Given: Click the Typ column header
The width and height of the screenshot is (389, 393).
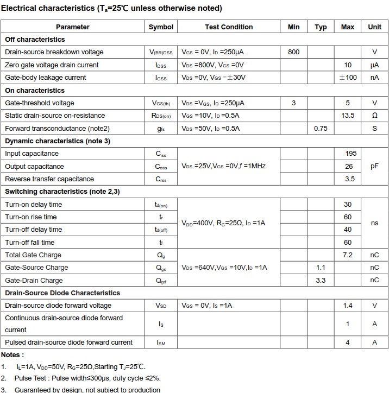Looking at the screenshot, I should (321, 27).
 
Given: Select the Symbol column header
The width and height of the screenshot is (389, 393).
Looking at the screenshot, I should (161, 27).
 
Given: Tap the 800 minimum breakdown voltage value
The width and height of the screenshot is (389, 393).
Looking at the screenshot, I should (293, 52).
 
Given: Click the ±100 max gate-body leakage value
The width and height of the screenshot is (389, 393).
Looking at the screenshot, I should (348, 78).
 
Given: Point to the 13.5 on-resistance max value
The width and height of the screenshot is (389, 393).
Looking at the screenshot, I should (348, 116).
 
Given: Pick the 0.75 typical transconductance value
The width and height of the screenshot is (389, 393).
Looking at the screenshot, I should (321, 129).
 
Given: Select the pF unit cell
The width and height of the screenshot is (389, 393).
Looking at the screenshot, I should (374, 167).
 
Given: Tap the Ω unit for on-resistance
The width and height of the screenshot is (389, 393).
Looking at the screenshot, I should (374, 116).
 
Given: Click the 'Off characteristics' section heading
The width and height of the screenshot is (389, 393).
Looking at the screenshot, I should (35, 40).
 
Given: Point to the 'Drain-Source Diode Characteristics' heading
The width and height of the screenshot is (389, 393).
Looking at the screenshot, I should (62, 293).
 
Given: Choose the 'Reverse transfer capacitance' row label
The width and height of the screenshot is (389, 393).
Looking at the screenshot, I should (49, 179).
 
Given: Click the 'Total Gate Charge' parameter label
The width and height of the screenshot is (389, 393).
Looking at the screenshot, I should (33, 255).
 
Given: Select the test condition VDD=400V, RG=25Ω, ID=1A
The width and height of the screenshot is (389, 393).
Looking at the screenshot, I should (223, 223).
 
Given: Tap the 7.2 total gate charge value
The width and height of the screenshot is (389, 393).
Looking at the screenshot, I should (348, 255).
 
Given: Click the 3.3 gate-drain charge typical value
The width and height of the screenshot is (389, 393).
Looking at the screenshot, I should (321, 281).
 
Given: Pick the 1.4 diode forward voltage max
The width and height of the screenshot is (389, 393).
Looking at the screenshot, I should (348, 306).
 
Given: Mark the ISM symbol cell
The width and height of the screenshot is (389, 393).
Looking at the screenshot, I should (161, 343).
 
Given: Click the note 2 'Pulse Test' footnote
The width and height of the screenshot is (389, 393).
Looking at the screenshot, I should (87, 378).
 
